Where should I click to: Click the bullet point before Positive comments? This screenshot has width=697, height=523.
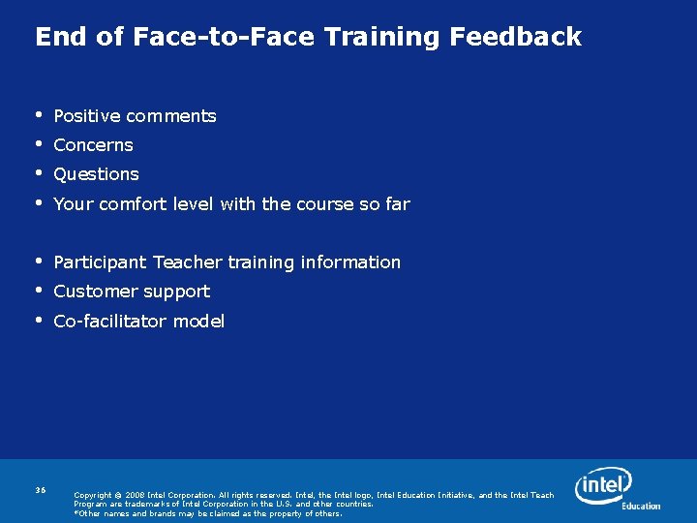(39, 114)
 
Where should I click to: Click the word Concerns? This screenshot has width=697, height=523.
(93, 145)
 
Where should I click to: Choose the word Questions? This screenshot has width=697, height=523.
(96, 174)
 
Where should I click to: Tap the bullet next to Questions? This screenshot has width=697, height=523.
(39, 173)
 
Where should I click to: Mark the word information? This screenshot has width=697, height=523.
(350, 262)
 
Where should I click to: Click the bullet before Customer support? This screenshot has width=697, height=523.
(39, 291)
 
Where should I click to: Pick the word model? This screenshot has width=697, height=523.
(201, 322)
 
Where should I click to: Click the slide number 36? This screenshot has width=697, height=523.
(41, 490)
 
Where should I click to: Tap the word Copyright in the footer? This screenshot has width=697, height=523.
(93, 495)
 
